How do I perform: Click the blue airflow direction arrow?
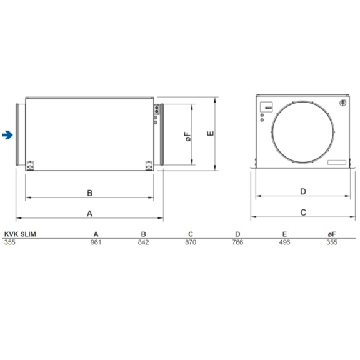coord(7,134)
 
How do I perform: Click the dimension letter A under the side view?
coord(89,213)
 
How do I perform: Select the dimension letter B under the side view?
coord(89,192)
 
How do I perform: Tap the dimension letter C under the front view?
coord(303,212)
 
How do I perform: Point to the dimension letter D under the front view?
coord(303,191)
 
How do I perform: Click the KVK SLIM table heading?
coord(20,234)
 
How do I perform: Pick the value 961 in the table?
coord(95,241)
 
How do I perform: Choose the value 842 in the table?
coord(142,241)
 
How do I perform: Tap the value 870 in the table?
coord(190,241)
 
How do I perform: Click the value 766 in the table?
coord(237,241)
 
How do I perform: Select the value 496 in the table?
coord(284,241)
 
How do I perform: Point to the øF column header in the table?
coord(332,234)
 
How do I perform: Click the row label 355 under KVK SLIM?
coord(10,241)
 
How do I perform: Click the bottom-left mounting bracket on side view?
coord(31,165)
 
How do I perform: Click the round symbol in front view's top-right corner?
coord(342,103)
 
